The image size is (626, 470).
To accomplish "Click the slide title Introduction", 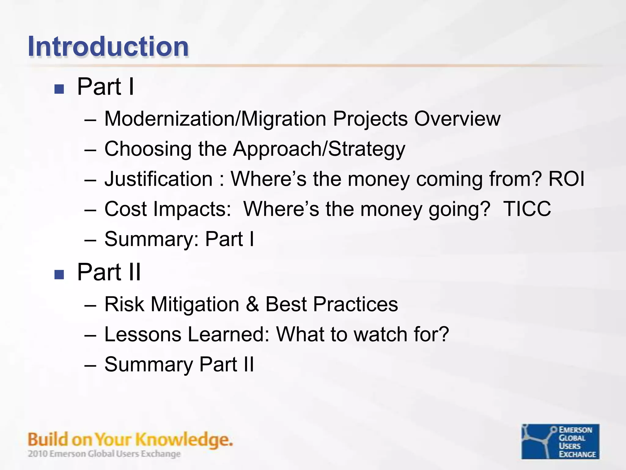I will pos(108,47).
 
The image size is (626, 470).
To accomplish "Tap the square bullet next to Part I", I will pos(59,89).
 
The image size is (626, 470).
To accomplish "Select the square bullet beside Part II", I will pos(59,274).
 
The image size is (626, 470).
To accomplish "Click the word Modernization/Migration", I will pos(215,119).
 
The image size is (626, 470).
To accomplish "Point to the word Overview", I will pos(457,119).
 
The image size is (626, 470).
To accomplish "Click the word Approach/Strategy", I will pos(319,149).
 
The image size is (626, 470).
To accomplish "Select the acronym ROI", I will pos(566,179).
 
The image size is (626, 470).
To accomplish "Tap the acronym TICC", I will pos(527,209).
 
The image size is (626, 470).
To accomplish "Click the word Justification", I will pos(158,179).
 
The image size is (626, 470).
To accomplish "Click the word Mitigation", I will pos(195,304).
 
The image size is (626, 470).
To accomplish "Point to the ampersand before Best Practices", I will pos(252,304).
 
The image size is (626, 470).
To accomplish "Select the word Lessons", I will pos(143,334).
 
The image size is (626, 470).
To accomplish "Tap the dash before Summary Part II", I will pos(90,365).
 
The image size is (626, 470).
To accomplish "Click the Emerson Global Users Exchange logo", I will pos(560,441).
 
